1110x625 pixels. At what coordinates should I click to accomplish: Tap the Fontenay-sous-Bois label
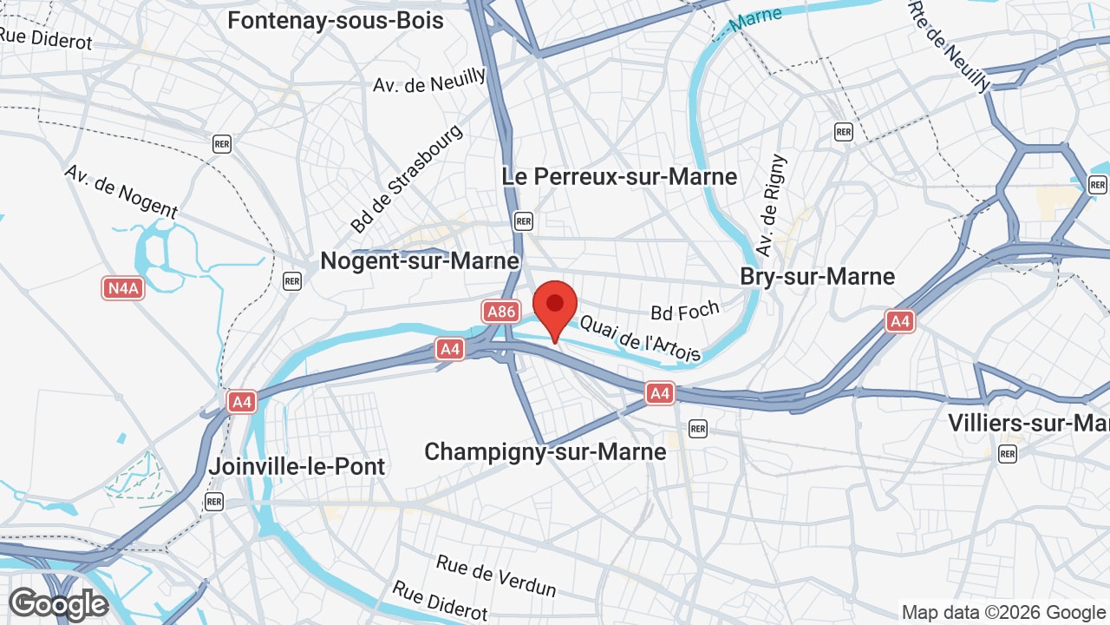tap(336, 20)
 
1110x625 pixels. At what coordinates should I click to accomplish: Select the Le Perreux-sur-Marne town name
tap(619, 176)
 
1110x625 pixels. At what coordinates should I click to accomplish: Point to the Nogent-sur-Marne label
tap(420, 260)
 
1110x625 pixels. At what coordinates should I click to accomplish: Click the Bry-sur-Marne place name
tap(817, 276)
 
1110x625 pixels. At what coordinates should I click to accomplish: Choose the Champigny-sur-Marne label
tap(545, 451)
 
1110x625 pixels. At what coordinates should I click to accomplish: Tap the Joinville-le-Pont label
tap(297, 466)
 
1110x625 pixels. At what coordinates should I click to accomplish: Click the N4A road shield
tap(122, 288)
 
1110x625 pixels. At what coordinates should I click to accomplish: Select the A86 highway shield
tap(501, 312)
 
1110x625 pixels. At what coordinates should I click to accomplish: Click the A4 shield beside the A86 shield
tap(449, 349)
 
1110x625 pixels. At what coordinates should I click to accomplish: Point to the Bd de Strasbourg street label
tap(407, 178)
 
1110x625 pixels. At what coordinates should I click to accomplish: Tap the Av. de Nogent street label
tap(121, 191)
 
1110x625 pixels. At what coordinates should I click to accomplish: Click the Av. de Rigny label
tap(770, 206)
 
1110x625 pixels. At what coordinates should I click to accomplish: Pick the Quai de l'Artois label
tap(640, 338)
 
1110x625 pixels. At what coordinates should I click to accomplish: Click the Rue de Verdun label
tap(495, 576)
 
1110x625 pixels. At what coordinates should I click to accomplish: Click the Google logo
tap(58, 605)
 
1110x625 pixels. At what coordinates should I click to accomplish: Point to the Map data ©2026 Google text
tap(1003, 612)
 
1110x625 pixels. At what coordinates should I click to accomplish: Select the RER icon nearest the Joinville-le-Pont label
tap(214, 501)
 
